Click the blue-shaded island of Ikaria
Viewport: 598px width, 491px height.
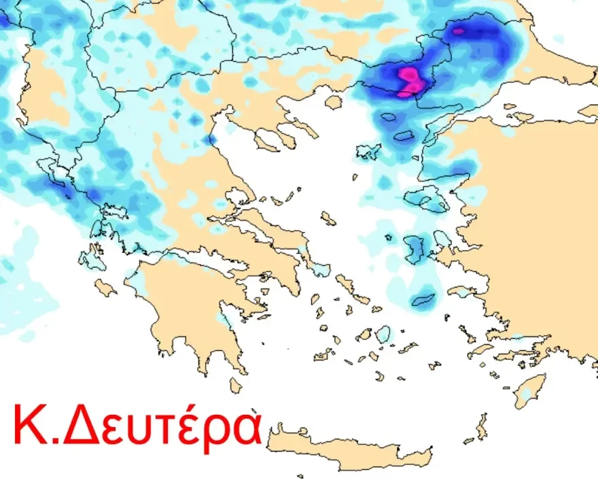tap(424, 299)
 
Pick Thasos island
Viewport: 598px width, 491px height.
tap(333, 102)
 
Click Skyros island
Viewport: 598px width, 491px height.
tap(328, 218)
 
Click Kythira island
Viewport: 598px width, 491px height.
tap(236, 386)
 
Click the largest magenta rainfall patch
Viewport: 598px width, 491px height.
tap(411, 81)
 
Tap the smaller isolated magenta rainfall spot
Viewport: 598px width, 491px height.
tap(458, 30)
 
